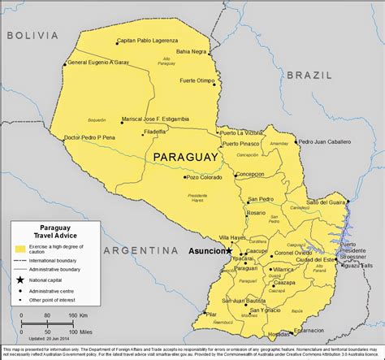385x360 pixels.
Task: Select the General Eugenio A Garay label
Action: click(x=98, y=63)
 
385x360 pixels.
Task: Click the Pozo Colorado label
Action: click(x=203, y=176)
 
